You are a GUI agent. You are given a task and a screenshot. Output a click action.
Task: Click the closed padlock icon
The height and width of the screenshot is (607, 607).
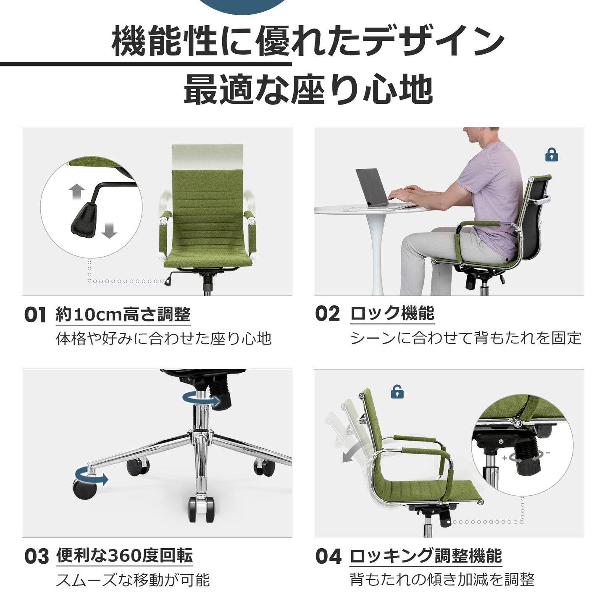click(552, 155)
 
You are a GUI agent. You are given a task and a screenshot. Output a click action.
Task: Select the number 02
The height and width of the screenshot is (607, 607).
click(328, 314)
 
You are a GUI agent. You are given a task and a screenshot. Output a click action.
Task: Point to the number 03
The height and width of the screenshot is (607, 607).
click(37, 557)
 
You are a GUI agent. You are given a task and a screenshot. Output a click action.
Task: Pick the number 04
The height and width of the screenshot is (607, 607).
click(328, 556)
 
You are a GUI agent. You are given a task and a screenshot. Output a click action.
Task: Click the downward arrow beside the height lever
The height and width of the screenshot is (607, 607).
click(109, 230)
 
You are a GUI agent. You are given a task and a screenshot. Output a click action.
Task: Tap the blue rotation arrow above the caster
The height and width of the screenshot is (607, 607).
click(91, 480)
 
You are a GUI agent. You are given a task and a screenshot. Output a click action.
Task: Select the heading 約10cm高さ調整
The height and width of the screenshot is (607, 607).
click(123, 314)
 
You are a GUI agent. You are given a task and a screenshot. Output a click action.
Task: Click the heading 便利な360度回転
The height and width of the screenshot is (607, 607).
click(124, 556)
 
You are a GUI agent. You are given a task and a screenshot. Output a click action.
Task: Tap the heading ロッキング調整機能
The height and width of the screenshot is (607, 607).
click(426, 556)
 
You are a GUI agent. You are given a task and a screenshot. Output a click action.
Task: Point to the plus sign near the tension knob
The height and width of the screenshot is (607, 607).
click(505, 458)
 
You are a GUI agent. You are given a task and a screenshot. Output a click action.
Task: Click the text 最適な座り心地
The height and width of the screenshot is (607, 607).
click(308, 89)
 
